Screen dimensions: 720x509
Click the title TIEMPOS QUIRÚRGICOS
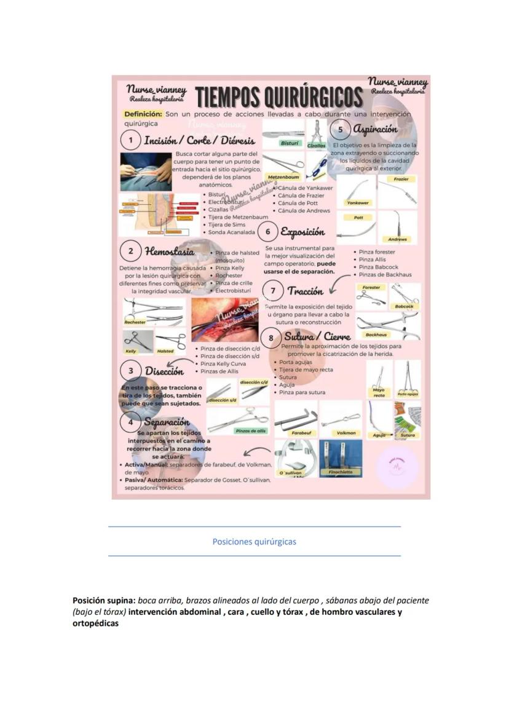[278, 97]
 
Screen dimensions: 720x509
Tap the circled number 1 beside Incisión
[130, 141]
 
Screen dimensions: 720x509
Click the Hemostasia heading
[170, 251]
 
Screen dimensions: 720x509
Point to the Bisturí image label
[290, 143]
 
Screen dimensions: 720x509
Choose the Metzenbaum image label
[283, 177]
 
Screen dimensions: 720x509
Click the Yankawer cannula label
[358, 202]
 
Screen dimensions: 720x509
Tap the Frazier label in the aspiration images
[401, 179]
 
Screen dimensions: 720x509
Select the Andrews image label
[397, 239]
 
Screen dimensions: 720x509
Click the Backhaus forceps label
[376, 335]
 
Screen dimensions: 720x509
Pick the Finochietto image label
[341, 472]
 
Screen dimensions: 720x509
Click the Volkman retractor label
[346, 433]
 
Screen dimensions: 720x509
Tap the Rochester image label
[135, 322]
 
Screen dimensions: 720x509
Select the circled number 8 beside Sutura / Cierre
[270, 338]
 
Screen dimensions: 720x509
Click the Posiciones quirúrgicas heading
[254, 542]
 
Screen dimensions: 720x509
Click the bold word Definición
[143, 114]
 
